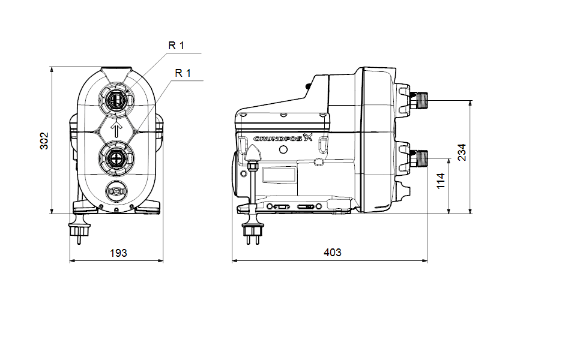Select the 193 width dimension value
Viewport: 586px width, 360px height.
point(118,253)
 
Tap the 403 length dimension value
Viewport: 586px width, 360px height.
point(332,253)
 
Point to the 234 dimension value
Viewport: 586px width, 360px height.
point(461,154)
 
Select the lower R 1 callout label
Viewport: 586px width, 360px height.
point(183,73)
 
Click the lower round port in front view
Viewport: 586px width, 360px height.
point(116,159)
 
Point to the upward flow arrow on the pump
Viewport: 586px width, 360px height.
point(116,129)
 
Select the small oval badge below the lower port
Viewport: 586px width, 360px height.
point(116,191)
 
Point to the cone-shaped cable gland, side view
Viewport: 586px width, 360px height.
point(253,161)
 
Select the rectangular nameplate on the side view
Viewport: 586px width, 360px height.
point(280,176)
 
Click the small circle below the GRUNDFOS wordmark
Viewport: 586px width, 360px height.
point(318,161)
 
